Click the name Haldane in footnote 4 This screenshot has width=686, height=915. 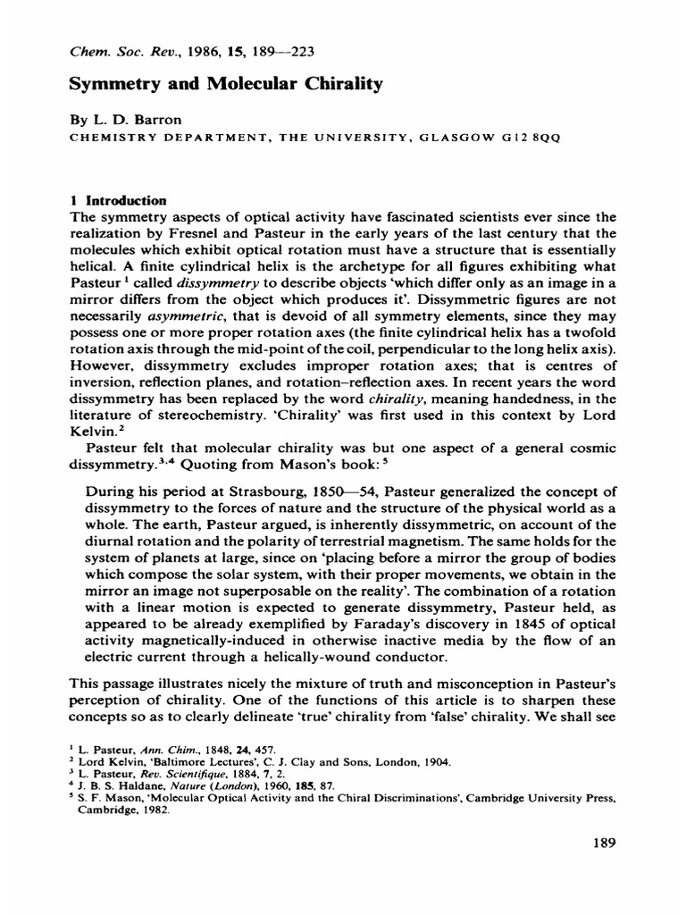pyautogui.click(x=138, y=790)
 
